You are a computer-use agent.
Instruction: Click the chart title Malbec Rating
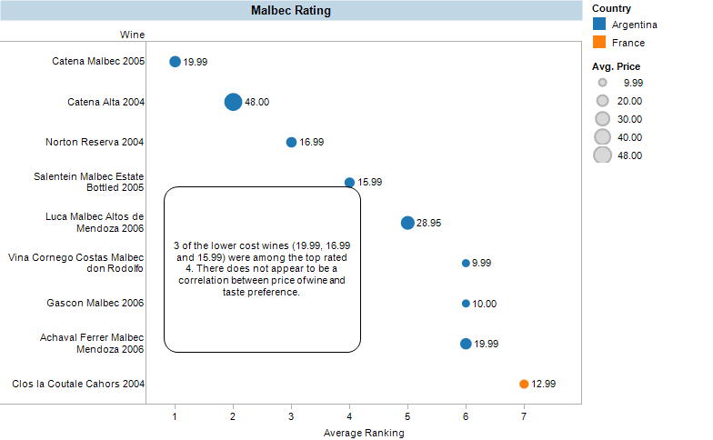[x=290, y=11]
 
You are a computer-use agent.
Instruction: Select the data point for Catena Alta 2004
[x=233, y=102]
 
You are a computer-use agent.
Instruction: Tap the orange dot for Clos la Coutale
[x=524, y=384]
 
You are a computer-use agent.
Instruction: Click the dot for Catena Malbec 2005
[x=175, y=62]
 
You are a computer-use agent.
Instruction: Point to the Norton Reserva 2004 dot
[x=291, y=142]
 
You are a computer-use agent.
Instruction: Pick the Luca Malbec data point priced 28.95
[x=407, y=223]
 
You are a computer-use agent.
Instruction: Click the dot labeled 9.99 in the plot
[x=466, y=263]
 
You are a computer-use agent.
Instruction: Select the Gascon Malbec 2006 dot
[x=466, y=304]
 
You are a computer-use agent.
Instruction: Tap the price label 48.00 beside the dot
[x=256, y=102]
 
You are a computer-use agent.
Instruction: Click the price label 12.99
[x=543, y=384]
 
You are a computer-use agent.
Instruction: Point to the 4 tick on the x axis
[x=349, y=416]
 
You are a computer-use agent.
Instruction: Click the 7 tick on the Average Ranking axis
[x=524, y=416]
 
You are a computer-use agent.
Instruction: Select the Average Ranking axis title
[x=364, y=433]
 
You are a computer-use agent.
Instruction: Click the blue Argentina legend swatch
[x=599, y=25]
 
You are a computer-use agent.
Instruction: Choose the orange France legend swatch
[x=599, y=43]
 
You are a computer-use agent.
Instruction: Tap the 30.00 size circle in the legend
[x=602, y=119]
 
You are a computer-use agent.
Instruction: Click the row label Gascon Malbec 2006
[x=103, y=304]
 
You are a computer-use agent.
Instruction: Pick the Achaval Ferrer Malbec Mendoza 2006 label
[x=92, y=344]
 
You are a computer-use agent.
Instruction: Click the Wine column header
[x=132, y=35]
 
